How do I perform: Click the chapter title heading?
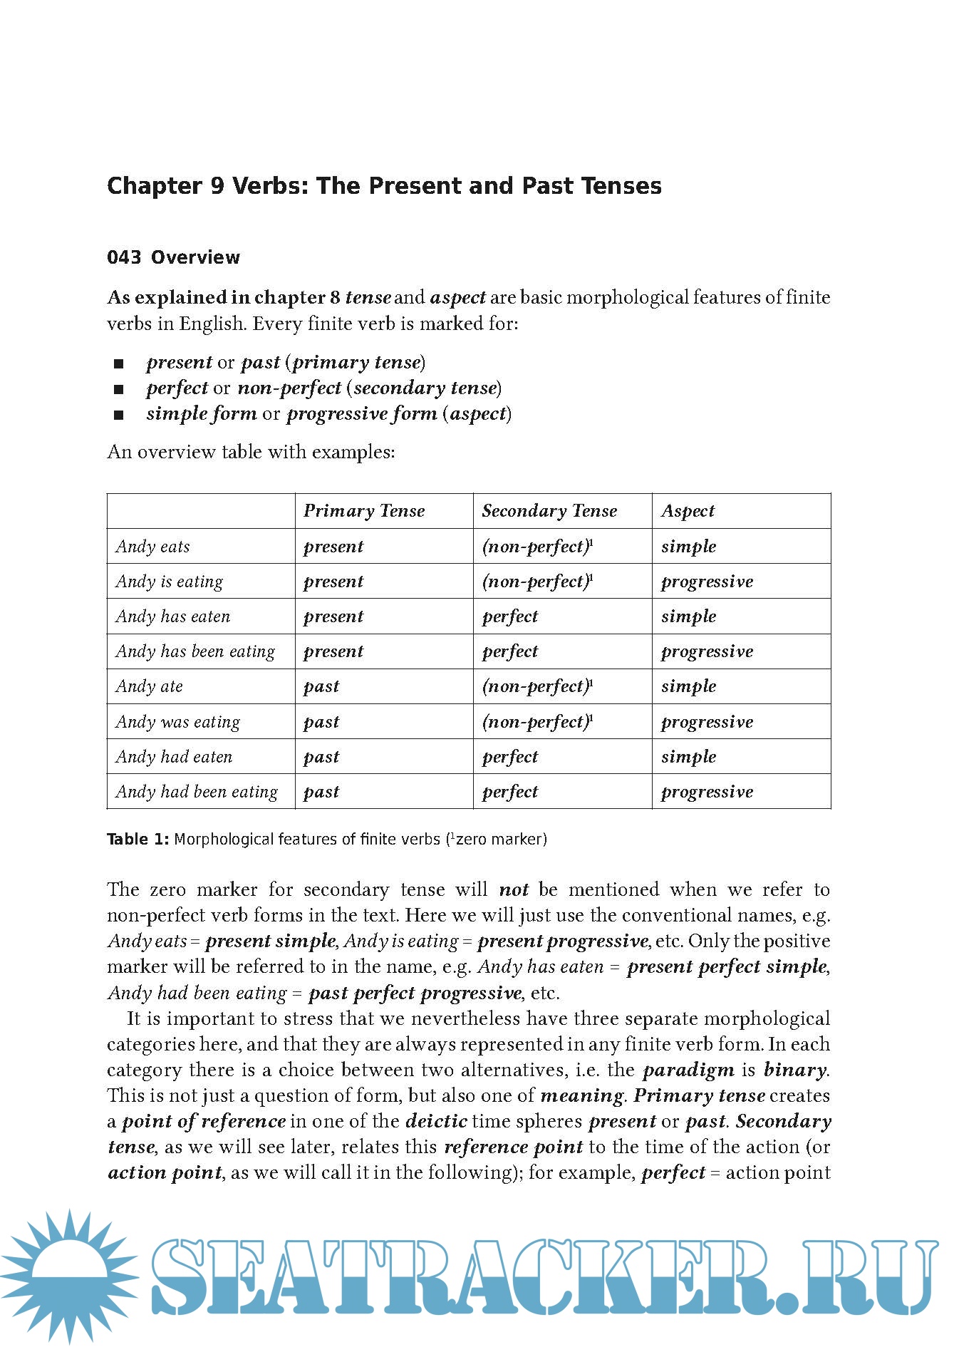tap(384, 186)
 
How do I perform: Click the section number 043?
tap(124, 257)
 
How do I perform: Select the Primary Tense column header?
tap(364, 511)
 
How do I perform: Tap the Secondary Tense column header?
tap(549, 511)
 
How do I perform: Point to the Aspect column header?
tap(688, 511)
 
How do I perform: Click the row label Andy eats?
tap(153, 547)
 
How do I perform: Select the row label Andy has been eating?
tap(195, 651)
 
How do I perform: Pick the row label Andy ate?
tap(150, 686)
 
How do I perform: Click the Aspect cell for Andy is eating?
tap(707, 582)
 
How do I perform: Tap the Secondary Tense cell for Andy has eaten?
tap(510, 616)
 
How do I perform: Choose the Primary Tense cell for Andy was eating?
tap(321, 722)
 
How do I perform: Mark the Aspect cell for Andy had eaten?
tap(688, 757)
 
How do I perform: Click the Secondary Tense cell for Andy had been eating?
tap(510, 792)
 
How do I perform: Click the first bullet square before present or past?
tap(118, 364)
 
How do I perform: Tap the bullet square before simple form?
tap(118, 416)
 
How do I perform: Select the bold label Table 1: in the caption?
tap(138, 840)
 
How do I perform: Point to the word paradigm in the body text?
tap(688, 1070)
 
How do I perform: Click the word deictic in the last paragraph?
tap(436, 1122)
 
